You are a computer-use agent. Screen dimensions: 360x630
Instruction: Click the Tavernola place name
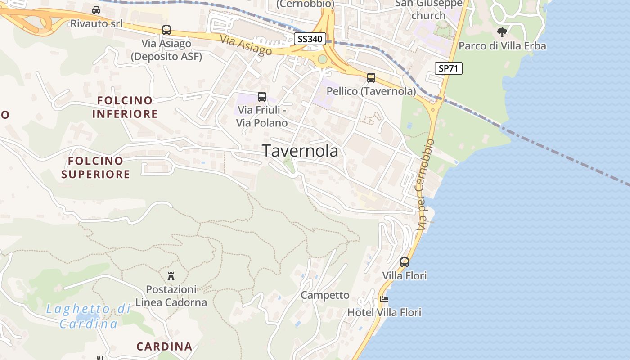(x=300, y=151)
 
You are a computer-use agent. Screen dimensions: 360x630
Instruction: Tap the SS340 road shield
(x=310, y=39)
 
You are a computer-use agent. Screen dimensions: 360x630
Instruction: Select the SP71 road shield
(x=449, y=68)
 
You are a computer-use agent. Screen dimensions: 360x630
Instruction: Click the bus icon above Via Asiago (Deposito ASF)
(x=166, y=30)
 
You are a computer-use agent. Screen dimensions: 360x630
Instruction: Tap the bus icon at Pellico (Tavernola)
(x=371, y=78)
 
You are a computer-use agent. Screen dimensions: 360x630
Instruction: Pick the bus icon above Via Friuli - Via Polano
(x=262, y=97)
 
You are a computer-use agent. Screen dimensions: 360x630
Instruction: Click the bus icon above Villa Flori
(x=405, y=262)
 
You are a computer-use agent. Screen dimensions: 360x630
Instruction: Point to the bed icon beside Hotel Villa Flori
(x=384, y=299)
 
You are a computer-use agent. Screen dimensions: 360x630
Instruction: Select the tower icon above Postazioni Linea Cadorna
(x=171, y=276)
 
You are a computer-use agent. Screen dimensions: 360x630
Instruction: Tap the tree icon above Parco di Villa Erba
(x=502, y=32)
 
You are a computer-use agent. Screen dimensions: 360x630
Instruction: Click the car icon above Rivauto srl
(x=96, y=10)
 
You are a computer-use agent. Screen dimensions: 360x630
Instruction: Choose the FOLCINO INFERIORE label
(x=125, y=107)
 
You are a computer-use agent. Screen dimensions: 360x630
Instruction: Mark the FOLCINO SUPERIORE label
(x=96, y=167)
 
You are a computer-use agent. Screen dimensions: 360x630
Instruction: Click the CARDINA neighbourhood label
(x=164, y=346)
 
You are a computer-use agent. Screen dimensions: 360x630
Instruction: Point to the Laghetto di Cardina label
(x=89, y=316)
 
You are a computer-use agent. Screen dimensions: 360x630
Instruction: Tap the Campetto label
(x=325, y=295)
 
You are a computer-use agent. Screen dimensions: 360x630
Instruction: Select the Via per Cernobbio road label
(x=426, y=184)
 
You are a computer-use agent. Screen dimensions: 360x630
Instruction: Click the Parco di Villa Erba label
(x=502, y=46)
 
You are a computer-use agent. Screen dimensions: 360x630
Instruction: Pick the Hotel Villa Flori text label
(x=384, y=312)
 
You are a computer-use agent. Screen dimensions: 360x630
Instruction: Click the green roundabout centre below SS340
(x=322, y=59)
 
